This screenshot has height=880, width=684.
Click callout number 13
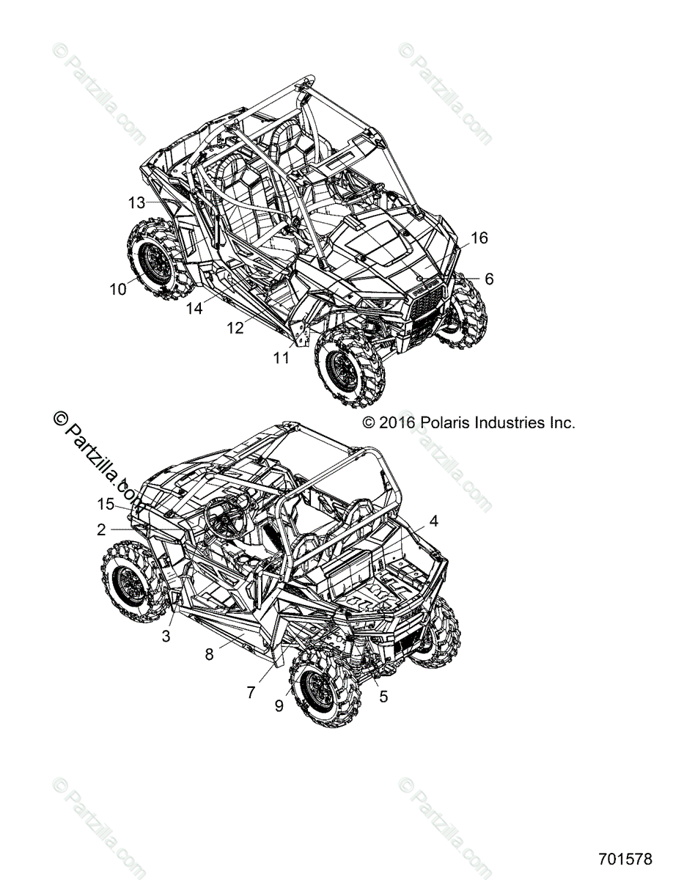[x=137, y=203]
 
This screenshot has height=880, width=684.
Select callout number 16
[x=479, y=238]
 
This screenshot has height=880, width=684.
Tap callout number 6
[x=489, y=279]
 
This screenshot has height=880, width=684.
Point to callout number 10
[x=118, y=289]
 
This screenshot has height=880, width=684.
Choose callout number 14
[x=194, y=309]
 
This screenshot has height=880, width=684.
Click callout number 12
[x=235, y=329]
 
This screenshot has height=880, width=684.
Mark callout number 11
[x=282, y=358]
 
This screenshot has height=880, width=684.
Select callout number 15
[x=106, y=504]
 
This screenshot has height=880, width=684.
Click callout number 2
[x=101, y=529]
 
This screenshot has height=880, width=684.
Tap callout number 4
[x=434, y=521]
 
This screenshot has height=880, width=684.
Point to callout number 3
[x=166, y=637]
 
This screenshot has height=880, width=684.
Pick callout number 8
[x=209, y=654]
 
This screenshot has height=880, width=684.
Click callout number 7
[x=251, y=692]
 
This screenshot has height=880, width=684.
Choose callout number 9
[x=279, y=705]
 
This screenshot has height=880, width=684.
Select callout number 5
[x=383, y=697]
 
